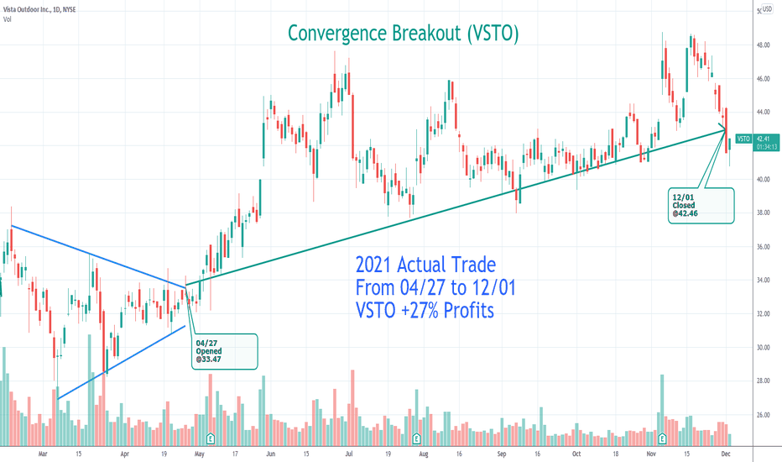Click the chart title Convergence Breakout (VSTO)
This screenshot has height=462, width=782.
(x=403, y=33)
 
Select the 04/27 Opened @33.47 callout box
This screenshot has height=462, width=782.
(x=222, y=351)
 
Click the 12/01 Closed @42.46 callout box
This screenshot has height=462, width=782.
(x=700, y=205)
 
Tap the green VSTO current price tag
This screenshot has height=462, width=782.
(x=743, y=139)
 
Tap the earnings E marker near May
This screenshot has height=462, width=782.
(x=210, y=438)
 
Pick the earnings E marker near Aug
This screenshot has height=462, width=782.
(x=416, y=438)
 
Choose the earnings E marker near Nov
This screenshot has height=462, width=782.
(x=663, y=438)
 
